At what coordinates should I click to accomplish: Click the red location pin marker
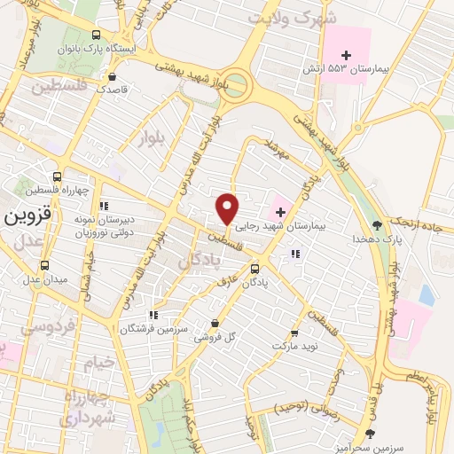coord(228,208)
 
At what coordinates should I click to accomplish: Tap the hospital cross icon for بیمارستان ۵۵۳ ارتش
coord(347,55)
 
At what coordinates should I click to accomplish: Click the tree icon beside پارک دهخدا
coord(378,225)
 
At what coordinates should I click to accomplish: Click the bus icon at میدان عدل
coord(45,265)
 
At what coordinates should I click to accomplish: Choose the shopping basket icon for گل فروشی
coord(215,324)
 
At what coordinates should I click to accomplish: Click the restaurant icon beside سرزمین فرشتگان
coord(153,314)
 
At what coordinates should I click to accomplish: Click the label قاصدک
coord(113,89)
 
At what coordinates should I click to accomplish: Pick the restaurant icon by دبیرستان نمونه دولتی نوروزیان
coord(104,206)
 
